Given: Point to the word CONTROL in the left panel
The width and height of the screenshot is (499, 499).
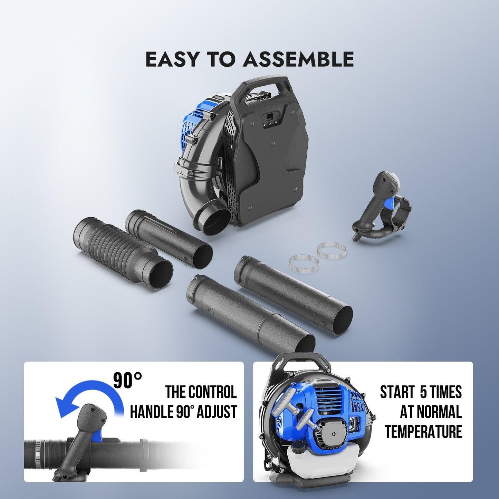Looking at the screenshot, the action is click(x=212, y=392).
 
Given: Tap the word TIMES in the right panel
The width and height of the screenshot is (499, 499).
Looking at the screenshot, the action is click(x=447, y=392).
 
